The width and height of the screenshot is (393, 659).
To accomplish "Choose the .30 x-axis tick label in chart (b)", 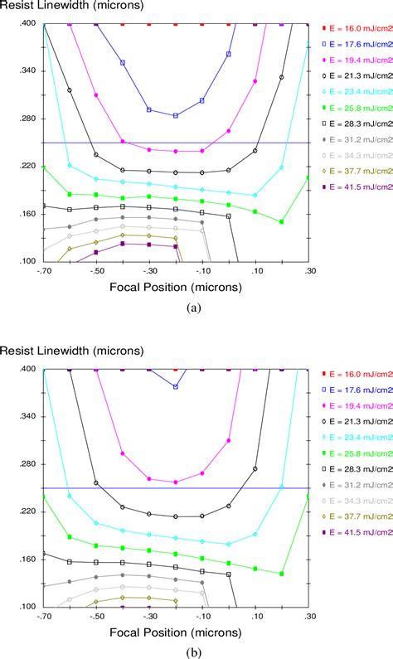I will click(308, 617).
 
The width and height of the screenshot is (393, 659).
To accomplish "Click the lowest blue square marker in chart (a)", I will click(176, 115).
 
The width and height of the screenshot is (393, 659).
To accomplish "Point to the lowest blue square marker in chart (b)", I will click(175, 386).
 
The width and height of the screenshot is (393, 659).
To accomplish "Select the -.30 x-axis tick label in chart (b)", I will click(149, 617).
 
